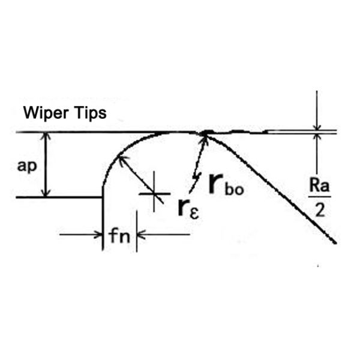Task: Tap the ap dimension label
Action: [x=27, y=166]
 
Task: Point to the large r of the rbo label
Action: [x=216, y=183]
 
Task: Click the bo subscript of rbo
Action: [x=235, y=190]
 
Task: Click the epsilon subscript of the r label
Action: [x=194, y=214]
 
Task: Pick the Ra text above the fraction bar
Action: [x=319, y=185]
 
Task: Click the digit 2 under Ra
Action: [x=320, y=210]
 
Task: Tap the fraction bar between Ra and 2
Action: [x=319, y=197]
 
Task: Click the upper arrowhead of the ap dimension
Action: [x=47, y=136]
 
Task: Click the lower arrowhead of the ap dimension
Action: [x=47, y=193]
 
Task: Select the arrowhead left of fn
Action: [x=99, y=235]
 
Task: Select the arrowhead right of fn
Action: [x=140, y=235]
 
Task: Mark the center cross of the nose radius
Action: [x=154, y=194]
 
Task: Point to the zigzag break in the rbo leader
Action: [x=196, y=177]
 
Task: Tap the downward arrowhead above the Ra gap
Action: [x=317, y=127]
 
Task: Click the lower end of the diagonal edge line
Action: [x=336, y=242]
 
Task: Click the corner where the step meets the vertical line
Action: [x=103, y=197]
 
